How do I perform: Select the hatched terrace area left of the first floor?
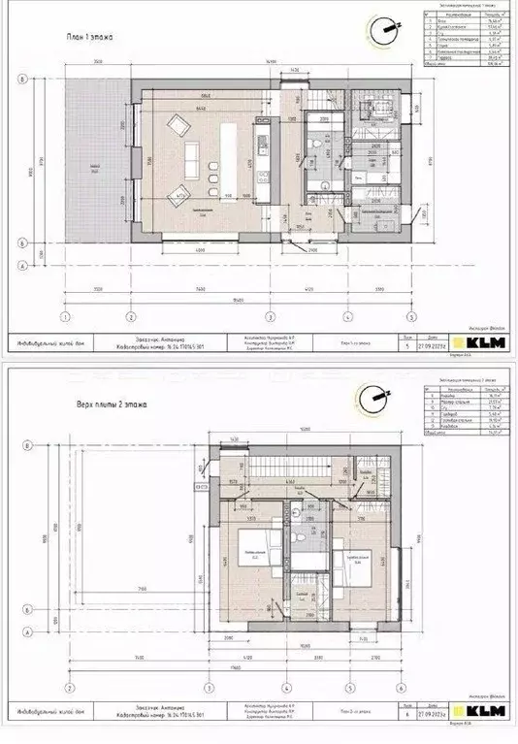(97, 165)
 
